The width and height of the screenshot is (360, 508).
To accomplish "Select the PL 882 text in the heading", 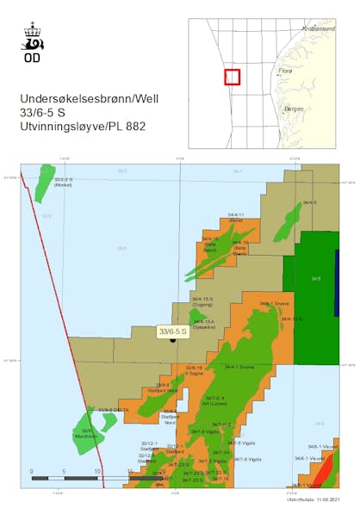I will pyautogui.click(x=130, y=127).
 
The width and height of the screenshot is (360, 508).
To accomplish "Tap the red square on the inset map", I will pyautogui.click(x=232, y=77).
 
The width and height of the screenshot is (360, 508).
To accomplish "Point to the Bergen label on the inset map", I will pyautogui.click(x=294, y=108).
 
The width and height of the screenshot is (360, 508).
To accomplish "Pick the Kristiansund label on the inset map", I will pyautogui.click(x=316, y=28).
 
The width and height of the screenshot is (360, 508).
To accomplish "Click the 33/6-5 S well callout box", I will pyautogui.click(x=173, y=331).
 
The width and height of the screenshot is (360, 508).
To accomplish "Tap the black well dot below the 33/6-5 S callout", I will pyautogui.click(x=173, y=340).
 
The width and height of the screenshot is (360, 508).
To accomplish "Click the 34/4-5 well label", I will pyautogui.click(x=310, y=202).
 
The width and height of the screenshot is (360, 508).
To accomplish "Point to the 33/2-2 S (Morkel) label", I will pyautogui.click(x=64, y=182).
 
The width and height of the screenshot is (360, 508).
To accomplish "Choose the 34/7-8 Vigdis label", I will pyautogui.click(x=231, y=460).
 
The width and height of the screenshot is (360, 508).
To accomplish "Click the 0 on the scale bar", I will pyautogui.click(x=32, y=472).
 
